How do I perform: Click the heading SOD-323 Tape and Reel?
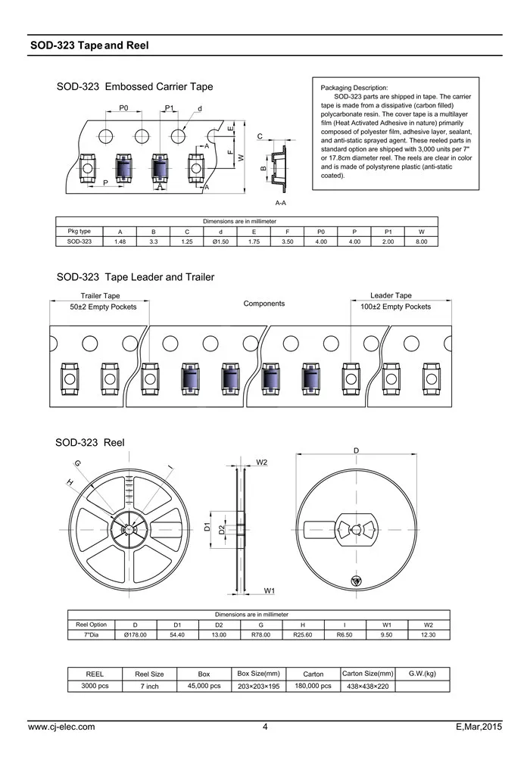pos(89,45)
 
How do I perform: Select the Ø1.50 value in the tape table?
pos(220,241)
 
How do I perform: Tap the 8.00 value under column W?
pos(422,241)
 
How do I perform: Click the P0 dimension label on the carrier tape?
pos(123,109)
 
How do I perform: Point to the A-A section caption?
pos(280,204)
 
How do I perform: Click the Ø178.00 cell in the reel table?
pos(135,634)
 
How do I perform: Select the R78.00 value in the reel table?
pos(261,634)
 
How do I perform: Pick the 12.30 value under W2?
pos(429,634)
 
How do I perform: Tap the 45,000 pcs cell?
pos(204,686)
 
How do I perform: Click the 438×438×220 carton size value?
pos(367,686)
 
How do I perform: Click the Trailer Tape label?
pos(101,296)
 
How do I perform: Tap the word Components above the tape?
pos(264,304)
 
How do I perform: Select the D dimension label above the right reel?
pos(357,450)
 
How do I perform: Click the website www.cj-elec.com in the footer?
pos(61,727)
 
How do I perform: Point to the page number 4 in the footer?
pos(265,727)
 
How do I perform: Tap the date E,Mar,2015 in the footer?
pos(479,727)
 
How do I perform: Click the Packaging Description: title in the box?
pos(354,89)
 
